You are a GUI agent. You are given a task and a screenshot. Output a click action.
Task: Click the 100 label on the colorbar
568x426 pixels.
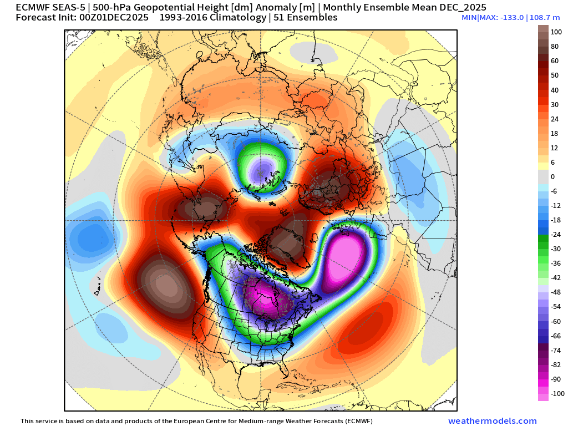pos(555,32)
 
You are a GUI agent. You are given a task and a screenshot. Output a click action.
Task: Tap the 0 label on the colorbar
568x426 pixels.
pos(552,177)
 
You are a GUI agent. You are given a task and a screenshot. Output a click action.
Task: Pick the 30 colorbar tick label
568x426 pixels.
pos(554,105)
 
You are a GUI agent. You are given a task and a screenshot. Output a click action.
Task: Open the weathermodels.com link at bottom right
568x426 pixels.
pos(492,421)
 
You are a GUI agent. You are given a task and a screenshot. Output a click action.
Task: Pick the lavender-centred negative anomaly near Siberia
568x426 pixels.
pos(262,166)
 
